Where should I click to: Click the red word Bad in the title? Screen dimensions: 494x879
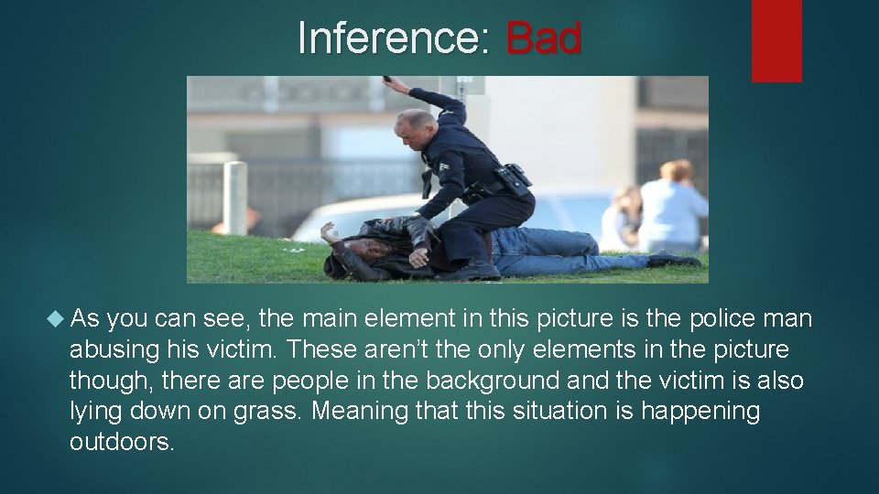543,38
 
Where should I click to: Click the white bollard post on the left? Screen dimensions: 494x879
235,198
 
